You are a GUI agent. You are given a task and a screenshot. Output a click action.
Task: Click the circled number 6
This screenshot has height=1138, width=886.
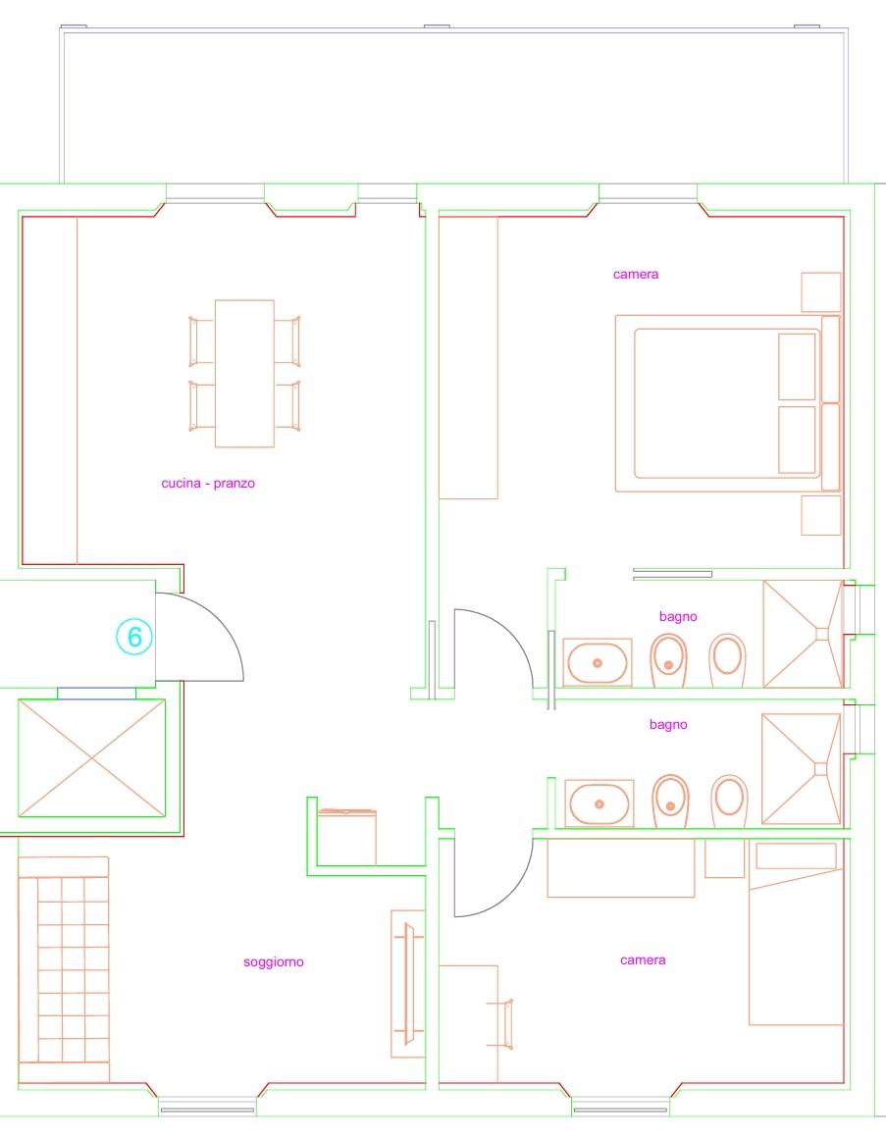click(135, 637)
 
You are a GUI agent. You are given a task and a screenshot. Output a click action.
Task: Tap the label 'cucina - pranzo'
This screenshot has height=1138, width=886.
click(208, 484)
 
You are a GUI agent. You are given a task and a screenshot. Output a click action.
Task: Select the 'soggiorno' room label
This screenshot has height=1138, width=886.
click(274, 962)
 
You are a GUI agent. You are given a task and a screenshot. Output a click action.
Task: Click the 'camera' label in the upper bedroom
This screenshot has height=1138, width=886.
click(636, 275)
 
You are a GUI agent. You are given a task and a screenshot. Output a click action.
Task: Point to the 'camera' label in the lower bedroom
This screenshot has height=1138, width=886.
click(643, 960)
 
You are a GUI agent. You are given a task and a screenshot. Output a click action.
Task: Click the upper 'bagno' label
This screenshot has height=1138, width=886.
click(678, 617)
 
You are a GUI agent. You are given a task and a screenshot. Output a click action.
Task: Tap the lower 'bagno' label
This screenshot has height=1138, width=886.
click(668, 725)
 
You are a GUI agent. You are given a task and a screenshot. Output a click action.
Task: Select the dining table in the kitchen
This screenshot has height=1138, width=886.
click(244, 373)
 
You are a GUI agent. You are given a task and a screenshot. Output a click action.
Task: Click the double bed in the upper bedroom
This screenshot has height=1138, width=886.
click(728, 403)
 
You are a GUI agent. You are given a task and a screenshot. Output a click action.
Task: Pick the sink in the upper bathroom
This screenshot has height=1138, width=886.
click(598, 662)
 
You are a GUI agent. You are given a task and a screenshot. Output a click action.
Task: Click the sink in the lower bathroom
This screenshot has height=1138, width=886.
click(599, 803)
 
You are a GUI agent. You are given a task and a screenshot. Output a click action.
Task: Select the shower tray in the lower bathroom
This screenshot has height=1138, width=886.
click(802, 768)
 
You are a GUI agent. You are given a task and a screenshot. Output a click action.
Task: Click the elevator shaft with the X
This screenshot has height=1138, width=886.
click(91, 757)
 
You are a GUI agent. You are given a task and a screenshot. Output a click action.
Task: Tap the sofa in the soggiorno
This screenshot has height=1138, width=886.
click(64, 969)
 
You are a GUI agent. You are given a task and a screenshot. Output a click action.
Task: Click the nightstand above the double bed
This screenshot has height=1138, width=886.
click(821, 291)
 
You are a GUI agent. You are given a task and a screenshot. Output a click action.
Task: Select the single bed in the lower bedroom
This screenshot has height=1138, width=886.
click(796, 933)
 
